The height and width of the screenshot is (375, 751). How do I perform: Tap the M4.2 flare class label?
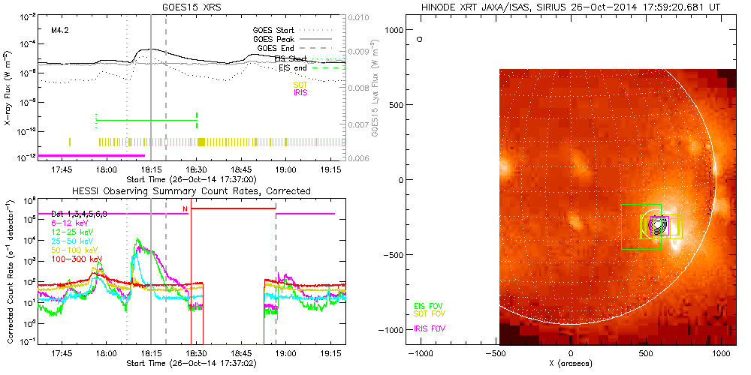60,31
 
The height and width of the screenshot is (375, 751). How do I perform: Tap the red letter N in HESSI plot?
184,208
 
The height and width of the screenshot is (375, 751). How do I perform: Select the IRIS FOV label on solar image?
428,328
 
